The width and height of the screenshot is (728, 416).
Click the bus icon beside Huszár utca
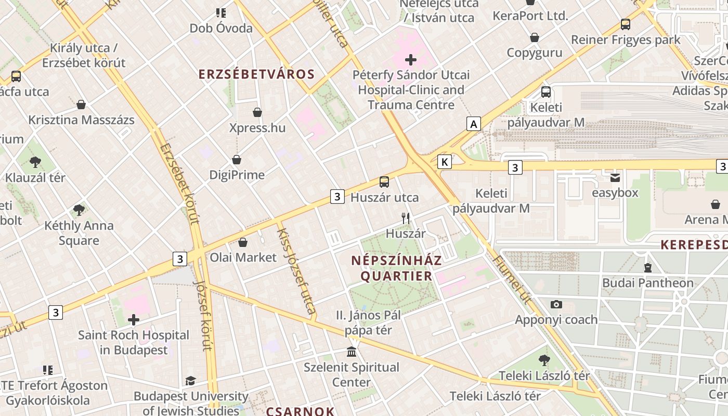pos(384,182)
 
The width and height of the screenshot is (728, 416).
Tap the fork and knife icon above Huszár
pos(406,218)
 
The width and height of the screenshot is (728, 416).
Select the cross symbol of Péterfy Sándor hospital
pos(411,60)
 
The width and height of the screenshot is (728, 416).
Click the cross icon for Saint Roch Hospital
pos(134,320)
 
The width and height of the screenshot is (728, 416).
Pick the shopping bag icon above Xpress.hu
pos(257,112)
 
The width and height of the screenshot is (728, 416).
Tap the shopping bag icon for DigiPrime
pos(237,160)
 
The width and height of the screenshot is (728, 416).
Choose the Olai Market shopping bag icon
pos(243,242)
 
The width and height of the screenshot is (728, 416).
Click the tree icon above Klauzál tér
pos(35,162)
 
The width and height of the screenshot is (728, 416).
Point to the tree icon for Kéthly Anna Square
pos(79,210)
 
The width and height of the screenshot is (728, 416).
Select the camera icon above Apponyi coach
pos(556,304)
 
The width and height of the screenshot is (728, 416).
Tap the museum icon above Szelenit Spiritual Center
pos(352,352)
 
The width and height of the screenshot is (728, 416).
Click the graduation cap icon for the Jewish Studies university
pos(190,381)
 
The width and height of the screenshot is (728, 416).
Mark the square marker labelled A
pos(473,124)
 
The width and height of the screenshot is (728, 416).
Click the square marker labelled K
pos(445,162)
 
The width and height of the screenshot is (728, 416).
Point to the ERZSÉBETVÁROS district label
pos(257,74)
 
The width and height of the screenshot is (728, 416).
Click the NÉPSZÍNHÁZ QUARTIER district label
pos(396,268)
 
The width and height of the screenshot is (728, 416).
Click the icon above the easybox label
pos(615,178)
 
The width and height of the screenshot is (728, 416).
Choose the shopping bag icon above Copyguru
pos(535,37)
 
